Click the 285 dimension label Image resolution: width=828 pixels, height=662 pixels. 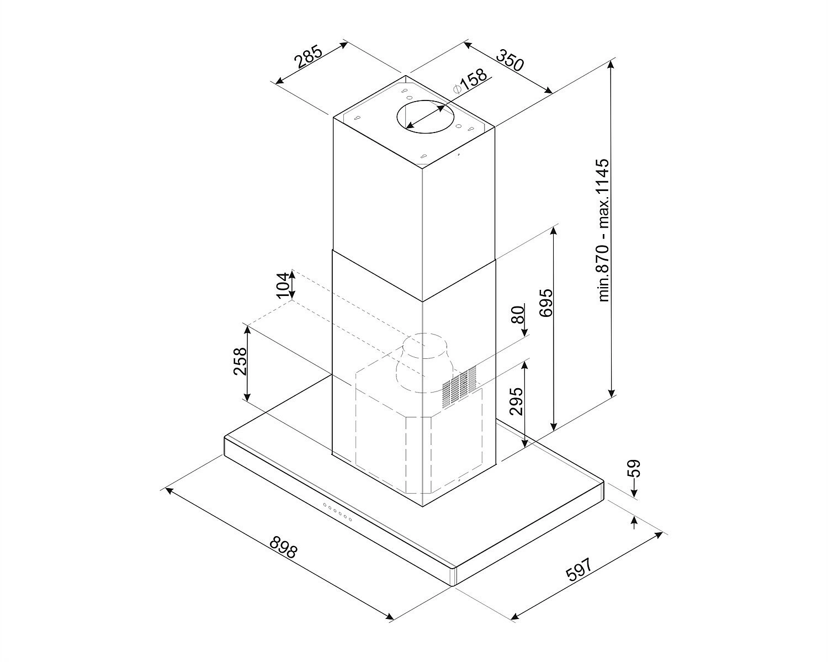tap(308, 56)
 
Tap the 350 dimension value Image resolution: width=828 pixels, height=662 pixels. tap(510, 60)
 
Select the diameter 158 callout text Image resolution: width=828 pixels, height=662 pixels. tap(470, 82)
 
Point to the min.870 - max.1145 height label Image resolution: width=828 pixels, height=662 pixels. tap(604, 230)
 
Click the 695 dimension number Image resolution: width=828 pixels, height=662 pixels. tap(546, 303)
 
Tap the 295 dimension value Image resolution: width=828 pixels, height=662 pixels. tap(516, 401)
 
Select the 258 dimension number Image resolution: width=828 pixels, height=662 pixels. tap(240, 361)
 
